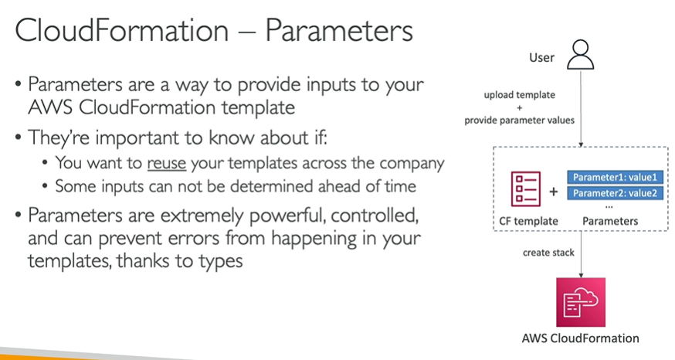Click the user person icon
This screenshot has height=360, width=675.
tap(580, 55)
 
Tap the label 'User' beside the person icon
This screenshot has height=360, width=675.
tap(541, 58)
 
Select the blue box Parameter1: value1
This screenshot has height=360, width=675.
tap(615, 178)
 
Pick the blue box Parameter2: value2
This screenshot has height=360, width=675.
tap(615, 193)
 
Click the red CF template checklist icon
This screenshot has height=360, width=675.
tap(526, 189)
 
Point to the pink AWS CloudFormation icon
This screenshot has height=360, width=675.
tap(581, 302)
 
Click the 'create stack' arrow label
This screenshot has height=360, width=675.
tap(548, 253)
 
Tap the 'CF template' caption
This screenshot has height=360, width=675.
tap(528, 221)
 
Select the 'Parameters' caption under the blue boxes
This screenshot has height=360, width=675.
tap(610, 221)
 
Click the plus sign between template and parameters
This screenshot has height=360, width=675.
tap(554, 192)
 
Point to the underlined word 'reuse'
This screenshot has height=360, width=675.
tap(167, 164)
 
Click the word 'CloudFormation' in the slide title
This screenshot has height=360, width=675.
tap(122, 31)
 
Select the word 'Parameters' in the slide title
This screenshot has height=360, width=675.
tap(339, 31)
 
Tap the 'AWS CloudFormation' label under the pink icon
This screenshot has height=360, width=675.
tap(580, 338)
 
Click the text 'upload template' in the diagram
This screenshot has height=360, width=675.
tap(520, 95)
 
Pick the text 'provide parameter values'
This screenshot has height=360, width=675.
tap(519, 121)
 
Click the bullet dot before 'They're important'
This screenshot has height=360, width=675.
tap(18, 138)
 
